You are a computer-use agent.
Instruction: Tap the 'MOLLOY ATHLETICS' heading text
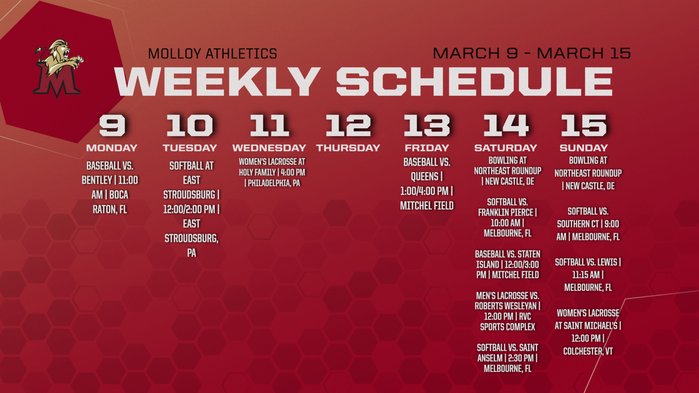click(x=212, y=54)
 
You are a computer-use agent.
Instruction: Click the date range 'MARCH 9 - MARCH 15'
click(x=532, y=53)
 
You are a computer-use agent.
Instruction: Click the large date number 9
click(x=112, y=125)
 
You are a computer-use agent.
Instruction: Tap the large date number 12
click(x=348, y=125)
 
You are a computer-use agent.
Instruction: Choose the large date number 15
click(x=584, y=125)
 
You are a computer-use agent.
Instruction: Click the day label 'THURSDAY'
click(x=348, y=148)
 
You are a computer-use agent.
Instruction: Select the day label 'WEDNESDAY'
click(x=269, y=148)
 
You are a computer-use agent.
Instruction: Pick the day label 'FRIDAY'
click(x=427, y=148)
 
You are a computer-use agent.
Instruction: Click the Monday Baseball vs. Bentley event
click(x=110, y=187)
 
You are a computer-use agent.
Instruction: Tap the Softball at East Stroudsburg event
click(x=192, y=209)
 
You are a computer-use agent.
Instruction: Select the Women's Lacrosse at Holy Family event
click(x=272, y=172)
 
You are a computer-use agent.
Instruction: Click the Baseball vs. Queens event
click(x=427, y=184)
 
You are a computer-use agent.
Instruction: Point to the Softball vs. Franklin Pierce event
click(x=507, y=217)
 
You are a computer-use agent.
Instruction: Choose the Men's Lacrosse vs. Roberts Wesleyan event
click(x=507, y=311)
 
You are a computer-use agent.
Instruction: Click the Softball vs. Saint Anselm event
click(x=507, y=358)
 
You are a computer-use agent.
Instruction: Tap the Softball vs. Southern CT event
click(x=588, y=224)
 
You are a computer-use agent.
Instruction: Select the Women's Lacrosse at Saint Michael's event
click(x=588, y=332)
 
